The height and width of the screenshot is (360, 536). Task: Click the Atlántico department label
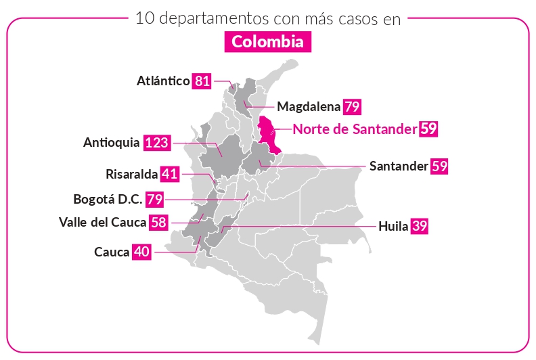[163, 81]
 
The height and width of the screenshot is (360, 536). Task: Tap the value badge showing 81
[202, 81]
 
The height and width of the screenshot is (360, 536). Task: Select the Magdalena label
[309, 106]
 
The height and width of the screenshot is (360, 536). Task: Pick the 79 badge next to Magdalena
[352, 106]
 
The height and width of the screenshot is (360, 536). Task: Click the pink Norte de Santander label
[355, 129]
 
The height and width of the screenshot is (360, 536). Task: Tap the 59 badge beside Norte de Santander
[428, 129]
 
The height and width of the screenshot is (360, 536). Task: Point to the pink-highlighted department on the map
[269, 133]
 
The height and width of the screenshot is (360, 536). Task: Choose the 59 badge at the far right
[439, 166]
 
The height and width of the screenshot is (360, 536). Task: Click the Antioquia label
[112, 143]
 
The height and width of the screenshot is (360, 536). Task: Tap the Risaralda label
[132, 174]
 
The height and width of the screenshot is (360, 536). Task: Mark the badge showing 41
[169, 174]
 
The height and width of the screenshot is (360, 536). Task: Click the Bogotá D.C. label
[108, 200]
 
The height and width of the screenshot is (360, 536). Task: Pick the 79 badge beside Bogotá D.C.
[155, 200]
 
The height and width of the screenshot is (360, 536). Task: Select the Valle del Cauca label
[103, 222]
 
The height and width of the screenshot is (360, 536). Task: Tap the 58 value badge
[160, 222]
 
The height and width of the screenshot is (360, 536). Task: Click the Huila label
[393, 226]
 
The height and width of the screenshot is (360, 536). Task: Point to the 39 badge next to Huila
[420, 226]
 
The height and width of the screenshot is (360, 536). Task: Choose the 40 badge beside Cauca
[141, 252]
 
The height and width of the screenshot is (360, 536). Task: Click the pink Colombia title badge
[268, 42]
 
